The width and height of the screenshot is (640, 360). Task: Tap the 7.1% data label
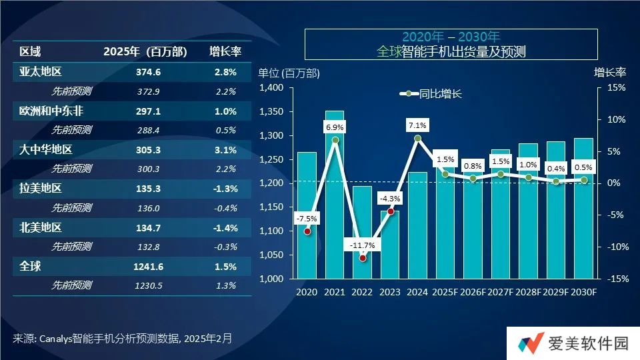418,125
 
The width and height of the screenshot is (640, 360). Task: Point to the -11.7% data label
363,245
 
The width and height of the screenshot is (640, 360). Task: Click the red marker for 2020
307,231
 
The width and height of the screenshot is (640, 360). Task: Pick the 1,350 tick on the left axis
271,112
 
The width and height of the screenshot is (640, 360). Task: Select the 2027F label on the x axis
501,292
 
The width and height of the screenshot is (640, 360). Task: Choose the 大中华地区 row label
45,149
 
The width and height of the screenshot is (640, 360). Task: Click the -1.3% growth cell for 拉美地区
223,189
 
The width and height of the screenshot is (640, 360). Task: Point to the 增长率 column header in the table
225,51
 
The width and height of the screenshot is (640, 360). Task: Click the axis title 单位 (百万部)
288,73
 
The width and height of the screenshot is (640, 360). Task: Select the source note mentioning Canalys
123,338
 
